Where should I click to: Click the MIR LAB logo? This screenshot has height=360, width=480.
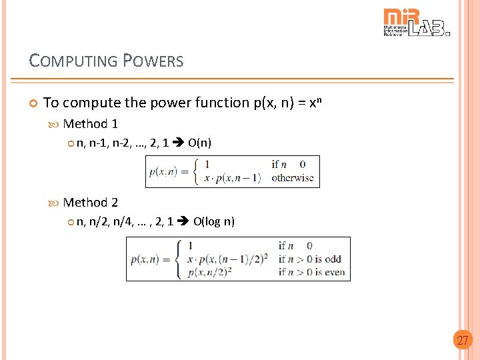pyautogui.click(x=417, y=23)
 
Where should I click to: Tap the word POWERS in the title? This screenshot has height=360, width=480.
pyautogui.click(x=153, y=61)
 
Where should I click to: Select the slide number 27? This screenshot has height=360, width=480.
pyautogui.click(x=461, y=341)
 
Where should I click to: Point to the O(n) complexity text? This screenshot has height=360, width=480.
pyautogui.click(x=200, y=142)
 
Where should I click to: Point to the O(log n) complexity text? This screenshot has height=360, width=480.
pyautogui.click(x=214, y=221)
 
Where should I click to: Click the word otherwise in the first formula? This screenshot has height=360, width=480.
pyautogui.click(x=292, y=178)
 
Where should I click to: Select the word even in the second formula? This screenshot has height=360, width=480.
pyautogui.click(x=335, y=272)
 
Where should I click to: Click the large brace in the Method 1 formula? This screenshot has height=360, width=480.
pyautogui.click(x=195, y=171)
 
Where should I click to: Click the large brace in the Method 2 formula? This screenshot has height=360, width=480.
pyautogui.click(x=179, y=259)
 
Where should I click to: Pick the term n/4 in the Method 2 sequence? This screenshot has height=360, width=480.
pyautogui.click(x=122, y=221)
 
